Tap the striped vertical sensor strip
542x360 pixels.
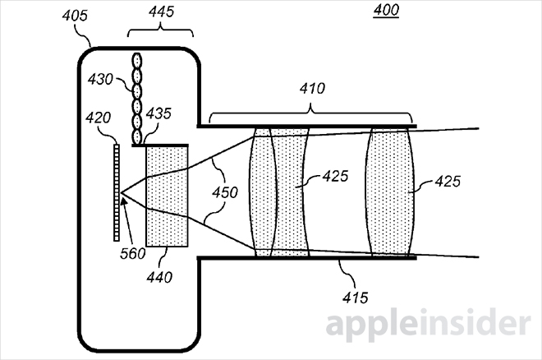[117, 192]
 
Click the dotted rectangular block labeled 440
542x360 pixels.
[167, 196]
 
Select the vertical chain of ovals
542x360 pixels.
[136, 97]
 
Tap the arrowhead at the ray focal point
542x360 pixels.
[122, 194]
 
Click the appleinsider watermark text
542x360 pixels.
[427, 325]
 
